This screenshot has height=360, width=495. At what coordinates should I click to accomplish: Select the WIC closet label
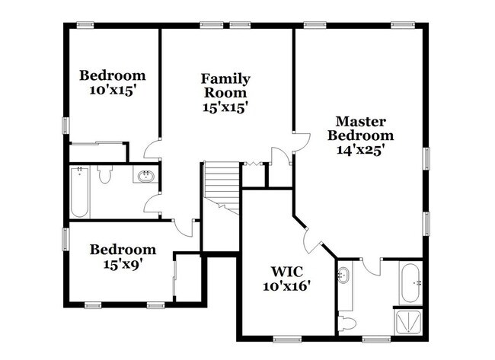click(x=289, y=271)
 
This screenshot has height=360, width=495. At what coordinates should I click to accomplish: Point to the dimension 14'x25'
click(x=361, y=150)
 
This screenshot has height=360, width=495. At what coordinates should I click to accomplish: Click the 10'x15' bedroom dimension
click(x=113, y=90)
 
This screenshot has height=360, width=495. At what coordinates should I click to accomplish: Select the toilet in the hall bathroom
click(x=105, y=177)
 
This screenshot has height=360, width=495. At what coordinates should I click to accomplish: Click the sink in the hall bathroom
click(x=145, y=177)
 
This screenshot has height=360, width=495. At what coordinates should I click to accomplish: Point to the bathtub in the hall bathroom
click(x=79, y=192)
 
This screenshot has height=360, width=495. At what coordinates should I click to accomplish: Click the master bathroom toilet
click(x=346, y=322)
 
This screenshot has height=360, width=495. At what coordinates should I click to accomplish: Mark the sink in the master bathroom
click(x=343, y=276)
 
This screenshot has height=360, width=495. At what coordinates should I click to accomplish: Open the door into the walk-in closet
click(x=310, y=243)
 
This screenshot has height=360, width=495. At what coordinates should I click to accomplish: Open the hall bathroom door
click(x=154, y=202)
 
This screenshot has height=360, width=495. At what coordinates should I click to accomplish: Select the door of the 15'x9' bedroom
click(x=181, y=226)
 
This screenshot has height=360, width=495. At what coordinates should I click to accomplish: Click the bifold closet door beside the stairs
click(x=252, y=163)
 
